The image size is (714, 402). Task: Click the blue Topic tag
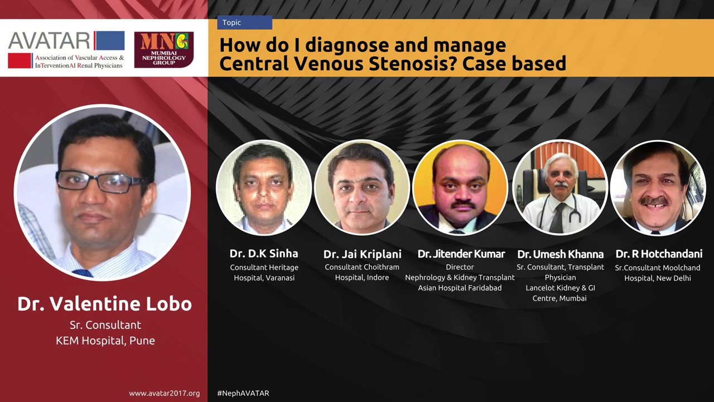[x=244, y=23]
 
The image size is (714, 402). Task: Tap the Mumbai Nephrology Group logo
[x=163, y=50]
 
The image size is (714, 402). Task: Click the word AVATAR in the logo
[x=49, y=40]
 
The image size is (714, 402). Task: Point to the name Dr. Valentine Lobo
[x=104, y=304]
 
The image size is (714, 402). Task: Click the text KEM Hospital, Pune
[x=105, y=340]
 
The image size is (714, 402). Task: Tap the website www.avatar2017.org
[x=164, y=393]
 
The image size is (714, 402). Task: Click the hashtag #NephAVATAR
[x=243, y=393]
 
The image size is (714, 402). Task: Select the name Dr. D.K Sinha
[x=264, y=253]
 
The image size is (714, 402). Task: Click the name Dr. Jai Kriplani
[x=362, y=254]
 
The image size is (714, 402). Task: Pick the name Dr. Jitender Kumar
[x=461, y=254]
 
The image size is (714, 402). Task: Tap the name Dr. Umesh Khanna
[x=560, y=254]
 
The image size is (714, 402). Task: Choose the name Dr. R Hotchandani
[x=659, y=254]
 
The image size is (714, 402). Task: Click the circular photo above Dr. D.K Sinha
[x=264, y=188]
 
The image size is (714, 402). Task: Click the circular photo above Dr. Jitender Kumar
[x=460, y=188]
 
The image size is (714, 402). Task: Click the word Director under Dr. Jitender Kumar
[x=460, y=267]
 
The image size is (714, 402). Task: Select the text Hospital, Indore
[x=362, y=277]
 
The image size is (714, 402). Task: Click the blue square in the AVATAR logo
[x=109, y=41]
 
